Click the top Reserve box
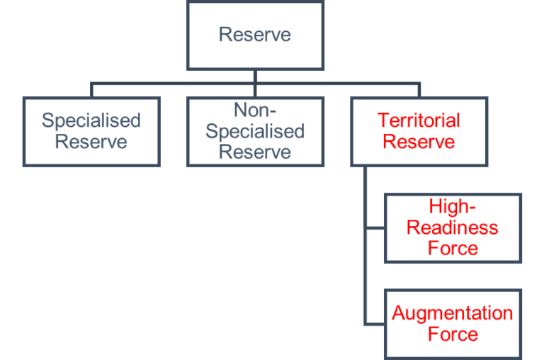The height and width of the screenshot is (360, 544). tap(255, 35)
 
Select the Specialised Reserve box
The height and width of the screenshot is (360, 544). tap(91, 132)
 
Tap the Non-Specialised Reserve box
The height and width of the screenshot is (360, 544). tap(255, 132)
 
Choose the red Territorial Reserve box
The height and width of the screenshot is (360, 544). tap(419, 132)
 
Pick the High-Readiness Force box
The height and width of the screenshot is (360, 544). tap(453, 228)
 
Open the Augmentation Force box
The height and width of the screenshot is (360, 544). tap(453, 323)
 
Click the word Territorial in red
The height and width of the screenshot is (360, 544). tap(419, 120)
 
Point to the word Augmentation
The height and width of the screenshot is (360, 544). tap(453, 313)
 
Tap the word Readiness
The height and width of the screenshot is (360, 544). tap(453, 227)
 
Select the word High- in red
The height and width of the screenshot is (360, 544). tap(453, 207)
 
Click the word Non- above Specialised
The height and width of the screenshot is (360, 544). tap(255, 111)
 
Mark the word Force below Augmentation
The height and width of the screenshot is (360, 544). tap(453, 334)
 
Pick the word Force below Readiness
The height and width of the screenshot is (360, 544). tap(453, 248)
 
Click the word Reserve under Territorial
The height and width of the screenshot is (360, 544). tap(419, 142)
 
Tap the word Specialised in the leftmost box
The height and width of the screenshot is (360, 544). tap(91, 120)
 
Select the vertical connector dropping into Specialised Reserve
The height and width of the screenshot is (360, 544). tap(91, 90)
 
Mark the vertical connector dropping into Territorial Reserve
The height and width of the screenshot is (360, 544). tap(419, 90)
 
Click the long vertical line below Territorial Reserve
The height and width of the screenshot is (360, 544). tap(365, 269)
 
